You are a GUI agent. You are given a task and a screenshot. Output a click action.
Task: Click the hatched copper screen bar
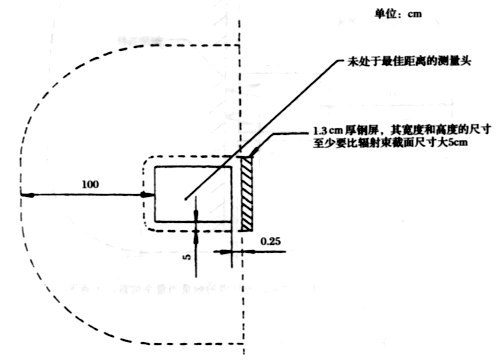[x=246, y=193]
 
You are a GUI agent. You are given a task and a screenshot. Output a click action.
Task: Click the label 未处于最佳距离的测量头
[x=411, y=61]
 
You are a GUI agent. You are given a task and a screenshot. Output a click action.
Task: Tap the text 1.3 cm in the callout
[x=329, y=131]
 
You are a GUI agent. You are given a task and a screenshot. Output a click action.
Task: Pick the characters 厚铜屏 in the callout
[x=366, y=131]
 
